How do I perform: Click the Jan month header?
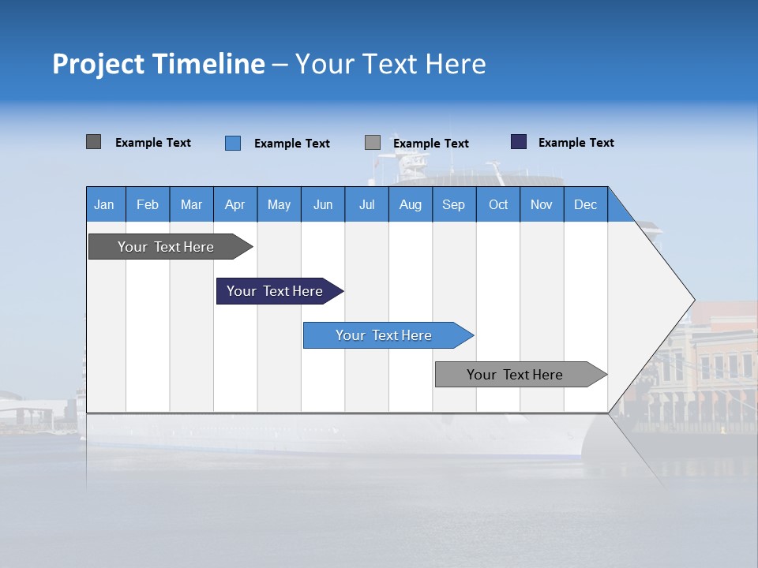105,204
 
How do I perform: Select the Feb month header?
148,204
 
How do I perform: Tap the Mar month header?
191,204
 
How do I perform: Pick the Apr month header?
235,204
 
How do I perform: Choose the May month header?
279,204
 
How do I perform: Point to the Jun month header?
323,204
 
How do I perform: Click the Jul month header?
366,204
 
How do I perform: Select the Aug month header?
411,204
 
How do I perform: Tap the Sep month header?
454,204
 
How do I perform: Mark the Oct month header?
498,204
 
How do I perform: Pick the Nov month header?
542,204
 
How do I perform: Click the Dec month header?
585,204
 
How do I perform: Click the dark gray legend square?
94,142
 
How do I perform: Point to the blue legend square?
233,143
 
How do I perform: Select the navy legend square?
519,142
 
